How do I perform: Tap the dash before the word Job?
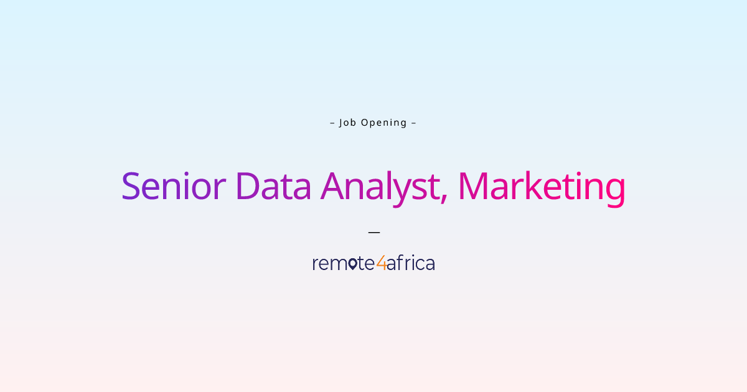332,123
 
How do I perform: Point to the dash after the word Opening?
413,123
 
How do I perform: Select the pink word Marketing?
541,187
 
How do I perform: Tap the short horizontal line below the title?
374,232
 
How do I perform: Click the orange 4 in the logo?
381,264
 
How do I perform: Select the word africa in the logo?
411,263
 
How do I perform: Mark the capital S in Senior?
131,187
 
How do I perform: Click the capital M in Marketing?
474,187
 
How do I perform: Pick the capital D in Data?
248,187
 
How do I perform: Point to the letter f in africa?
402,263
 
